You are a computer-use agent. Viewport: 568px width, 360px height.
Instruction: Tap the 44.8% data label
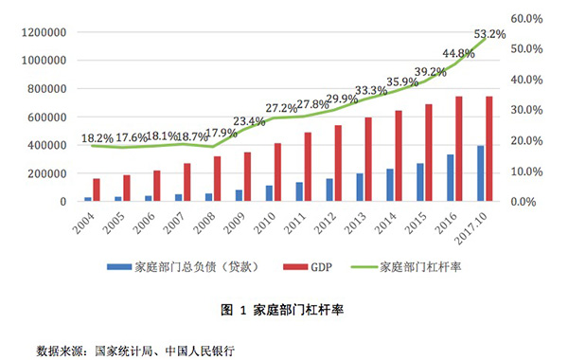pos(453,53)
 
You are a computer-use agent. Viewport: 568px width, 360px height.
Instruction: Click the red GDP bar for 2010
pos(278,171)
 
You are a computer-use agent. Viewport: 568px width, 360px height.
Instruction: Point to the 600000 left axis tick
pos(43,117)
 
